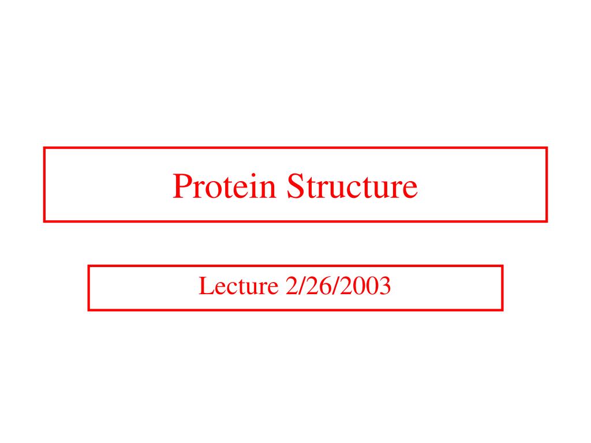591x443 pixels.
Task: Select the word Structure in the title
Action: [x=352, y=187]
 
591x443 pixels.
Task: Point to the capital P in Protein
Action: [x=181, y=187]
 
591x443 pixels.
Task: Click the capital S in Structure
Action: [x=295, y=187]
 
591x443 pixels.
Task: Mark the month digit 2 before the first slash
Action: [x=290, y=286]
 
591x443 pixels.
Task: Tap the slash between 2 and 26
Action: [x=301, y=286]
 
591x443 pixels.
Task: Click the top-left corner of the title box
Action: [x=44, y=148]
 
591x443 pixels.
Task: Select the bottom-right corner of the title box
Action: [x=546, y=220]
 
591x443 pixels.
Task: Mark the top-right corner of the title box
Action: [x=546, y=148]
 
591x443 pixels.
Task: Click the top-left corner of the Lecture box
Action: [x=89, y=266]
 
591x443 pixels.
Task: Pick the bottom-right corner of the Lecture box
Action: [x=502, y=310]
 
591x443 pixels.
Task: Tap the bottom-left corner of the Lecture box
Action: [x=89, y=310]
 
